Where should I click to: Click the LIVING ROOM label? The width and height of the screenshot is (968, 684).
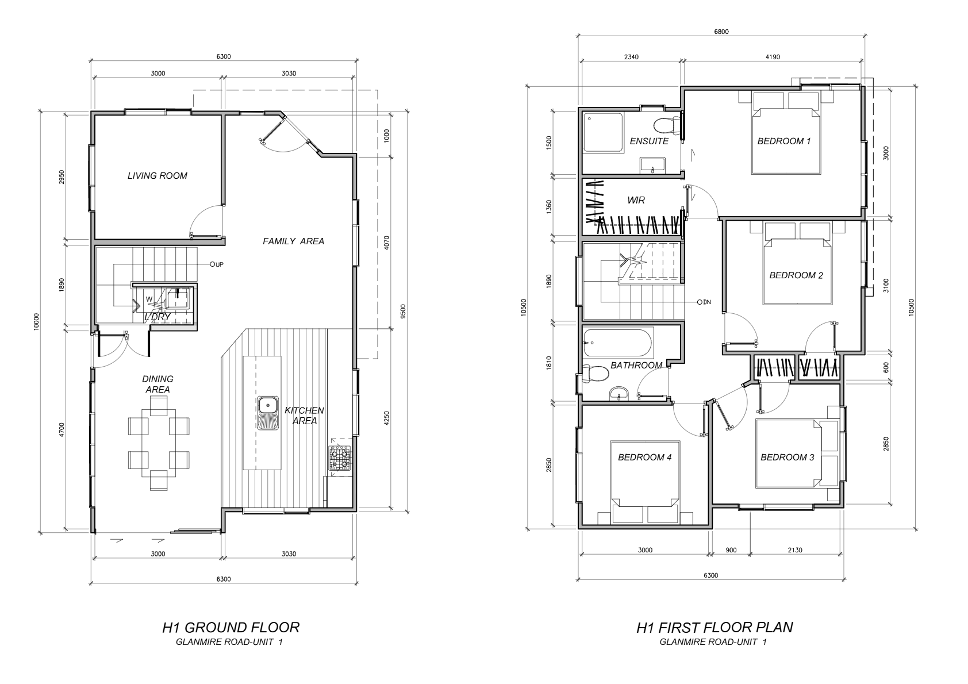(158, 176)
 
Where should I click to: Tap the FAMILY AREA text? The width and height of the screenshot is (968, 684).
(293, 241)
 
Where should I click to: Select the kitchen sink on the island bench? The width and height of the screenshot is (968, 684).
(268, 413)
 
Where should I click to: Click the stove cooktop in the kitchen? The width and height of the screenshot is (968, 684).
(340, 458)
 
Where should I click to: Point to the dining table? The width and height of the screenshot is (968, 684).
(158, 443)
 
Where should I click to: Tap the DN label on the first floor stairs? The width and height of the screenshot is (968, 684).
(707, 302)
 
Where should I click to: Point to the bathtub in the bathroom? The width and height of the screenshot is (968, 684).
(618, 343)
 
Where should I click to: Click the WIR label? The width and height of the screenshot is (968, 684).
(636, 200)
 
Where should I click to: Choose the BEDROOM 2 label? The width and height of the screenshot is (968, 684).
(796, 275)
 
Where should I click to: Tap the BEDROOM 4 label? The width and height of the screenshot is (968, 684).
(645, 457)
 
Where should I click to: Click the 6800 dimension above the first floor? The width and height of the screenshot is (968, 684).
(721, 32)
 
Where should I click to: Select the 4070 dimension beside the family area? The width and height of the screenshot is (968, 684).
(386, 243)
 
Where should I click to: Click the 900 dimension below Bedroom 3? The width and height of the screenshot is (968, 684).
(731, 550)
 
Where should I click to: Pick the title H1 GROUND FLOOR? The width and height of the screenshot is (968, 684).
(231, 628)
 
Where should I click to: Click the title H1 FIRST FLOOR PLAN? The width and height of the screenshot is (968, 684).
(715, 628)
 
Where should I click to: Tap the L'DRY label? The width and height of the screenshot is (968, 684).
(158, 317)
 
